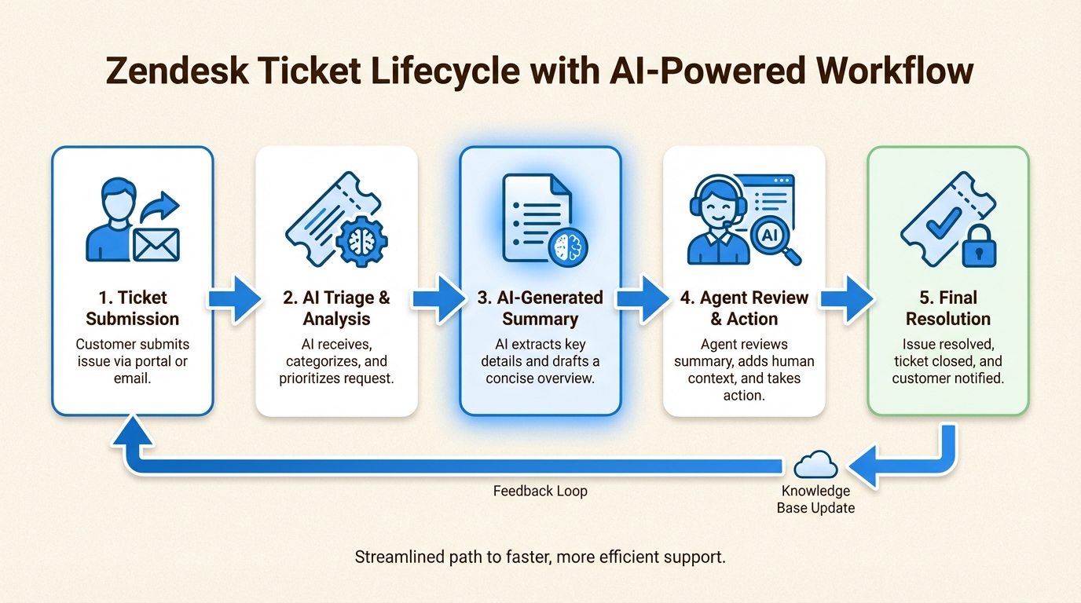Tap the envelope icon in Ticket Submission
(x=156, y=243)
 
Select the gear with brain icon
(x=361, y=239)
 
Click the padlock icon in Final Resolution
(x=979, y=248)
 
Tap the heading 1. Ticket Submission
(x=133, y=308)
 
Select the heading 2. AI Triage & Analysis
(x=336, y=308)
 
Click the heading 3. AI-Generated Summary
(x=540, y=308)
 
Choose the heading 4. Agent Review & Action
(x=744, y=308)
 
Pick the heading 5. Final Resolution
(x=947, y=308)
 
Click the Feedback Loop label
(x=540, y=492)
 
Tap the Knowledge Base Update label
(x=815, y=499)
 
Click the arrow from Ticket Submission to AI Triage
(x=235, y=298)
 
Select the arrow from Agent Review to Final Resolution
(x=847, y=298)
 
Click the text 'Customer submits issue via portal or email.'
(x=133, y=361)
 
